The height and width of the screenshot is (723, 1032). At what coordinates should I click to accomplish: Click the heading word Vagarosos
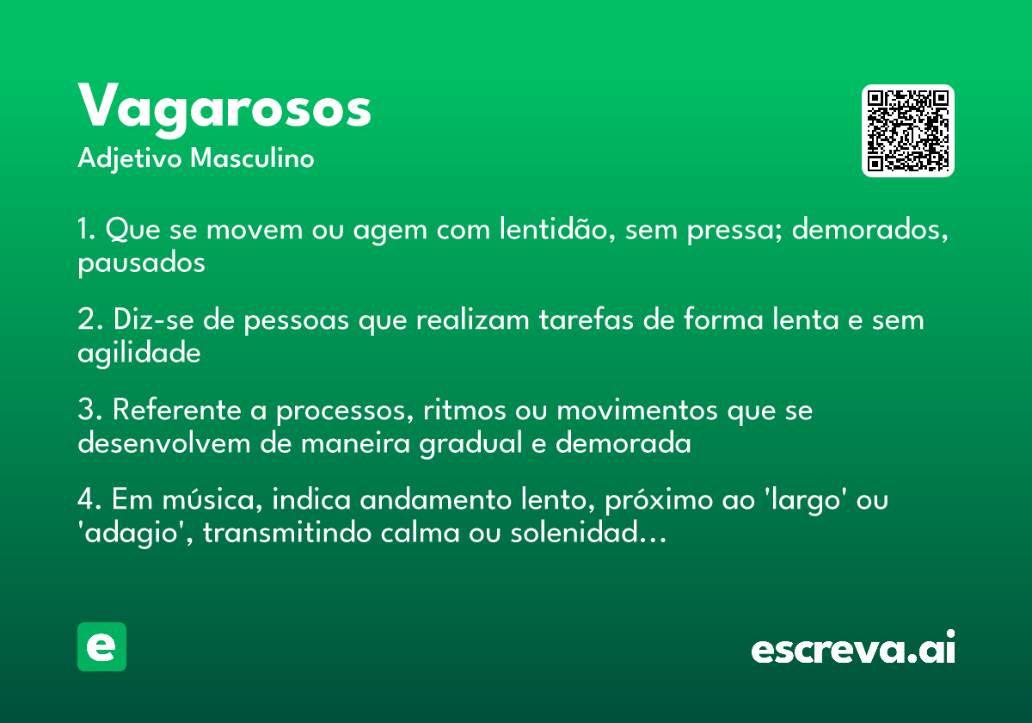pyautogui.click(x=224, y=107)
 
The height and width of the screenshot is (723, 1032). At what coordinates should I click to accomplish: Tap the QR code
pyautogui.click(x=907, y=131)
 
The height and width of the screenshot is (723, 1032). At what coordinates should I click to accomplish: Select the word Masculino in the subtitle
pyautogui.click(x=252, y=159)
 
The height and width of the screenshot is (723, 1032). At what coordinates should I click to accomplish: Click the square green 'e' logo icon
pyautogui.click(x=101, y=646)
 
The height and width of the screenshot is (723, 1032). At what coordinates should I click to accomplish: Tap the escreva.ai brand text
pyautogui.click(x=853, y=648)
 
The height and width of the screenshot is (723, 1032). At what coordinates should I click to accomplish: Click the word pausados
pyautogui.click(x=141, y=263)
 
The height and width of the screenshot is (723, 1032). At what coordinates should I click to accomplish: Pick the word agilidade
pyautogui.click(x=138, y=353)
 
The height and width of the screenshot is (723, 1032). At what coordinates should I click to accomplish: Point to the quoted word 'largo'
pyautogui.click(x=811, y=501)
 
